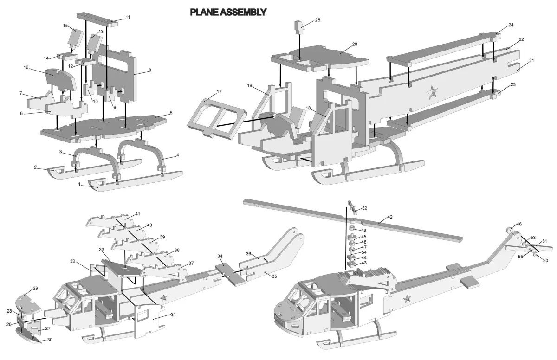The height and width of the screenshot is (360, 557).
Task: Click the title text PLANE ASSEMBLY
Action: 228,12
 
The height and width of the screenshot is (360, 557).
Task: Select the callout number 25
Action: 317,20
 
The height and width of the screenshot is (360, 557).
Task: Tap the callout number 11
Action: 128,17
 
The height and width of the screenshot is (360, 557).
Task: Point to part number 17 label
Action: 219,92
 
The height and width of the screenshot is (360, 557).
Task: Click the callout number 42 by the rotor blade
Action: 390,217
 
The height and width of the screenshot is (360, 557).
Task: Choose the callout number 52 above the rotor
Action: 364,208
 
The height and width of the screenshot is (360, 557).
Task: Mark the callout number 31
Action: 173,315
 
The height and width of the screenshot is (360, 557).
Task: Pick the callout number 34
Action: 220,257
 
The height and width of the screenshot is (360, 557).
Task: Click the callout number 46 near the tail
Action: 519,224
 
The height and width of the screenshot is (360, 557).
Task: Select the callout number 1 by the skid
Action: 79,184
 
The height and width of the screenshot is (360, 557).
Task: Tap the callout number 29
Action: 35,289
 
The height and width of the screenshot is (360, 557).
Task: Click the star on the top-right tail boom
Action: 432,93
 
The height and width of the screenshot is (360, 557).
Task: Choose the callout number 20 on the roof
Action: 354,45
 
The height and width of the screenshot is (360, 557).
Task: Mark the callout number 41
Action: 137,214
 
